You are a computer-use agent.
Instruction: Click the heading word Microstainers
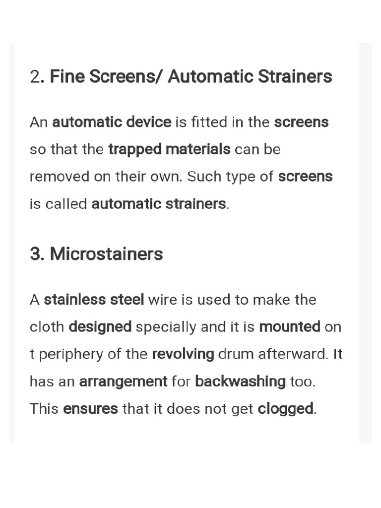pyautogui.click(x=106, y=254)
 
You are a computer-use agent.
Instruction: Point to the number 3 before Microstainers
pyautogui.click(x=36, y=254)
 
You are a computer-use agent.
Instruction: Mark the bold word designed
pyautogui.click(x=100, y=327)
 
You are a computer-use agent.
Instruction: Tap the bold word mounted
pyautogui.click(x=290, y=327)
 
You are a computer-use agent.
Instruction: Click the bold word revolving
pyautogui.click(x=183, y=355)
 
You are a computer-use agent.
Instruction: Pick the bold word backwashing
pyautogui.click(x=241, y=381)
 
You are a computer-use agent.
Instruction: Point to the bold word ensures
pyautogui.click(x=91, y=409)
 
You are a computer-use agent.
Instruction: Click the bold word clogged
pyautogui.click(x=286, y=409)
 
